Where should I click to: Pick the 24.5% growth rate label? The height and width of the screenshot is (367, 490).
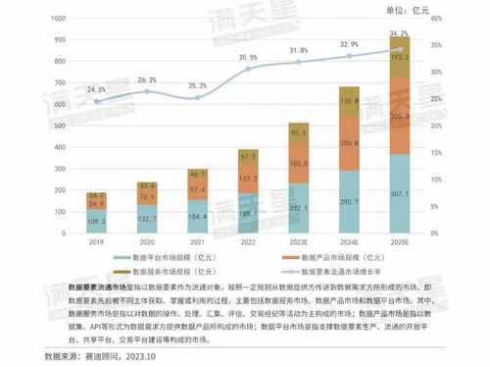96,89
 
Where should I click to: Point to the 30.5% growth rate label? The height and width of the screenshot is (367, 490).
249,57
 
